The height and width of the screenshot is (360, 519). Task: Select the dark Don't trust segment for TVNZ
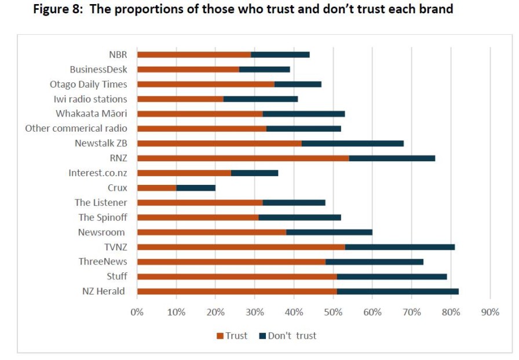400,247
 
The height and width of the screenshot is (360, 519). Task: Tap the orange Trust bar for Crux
156,188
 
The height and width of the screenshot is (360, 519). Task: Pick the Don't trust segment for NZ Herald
398,292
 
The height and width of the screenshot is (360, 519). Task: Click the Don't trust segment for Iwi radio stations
261,99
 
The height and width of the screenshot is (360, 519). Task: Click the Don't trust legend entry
288,336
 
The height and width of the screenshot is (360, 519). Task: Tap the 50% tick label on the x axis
332,312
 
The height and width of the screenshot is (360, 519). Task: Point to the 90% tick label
489,312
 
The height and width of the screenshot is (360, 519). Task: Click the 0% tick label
137,312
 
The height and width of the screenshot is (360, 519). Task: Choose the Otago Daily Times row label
88,84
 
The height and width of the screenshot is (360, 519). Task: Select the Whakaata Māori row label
91,114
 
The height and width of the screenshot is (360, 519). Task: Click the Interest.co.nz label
97,173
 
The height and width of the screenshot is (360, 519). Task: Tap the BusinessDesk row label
98,69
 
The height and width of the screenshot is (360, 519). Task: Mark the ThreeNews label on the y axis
103,261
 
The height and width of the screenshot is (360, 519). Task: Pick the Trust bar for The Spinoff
198,217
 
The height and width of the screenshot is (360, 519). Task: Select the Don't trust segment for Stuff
392,277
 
